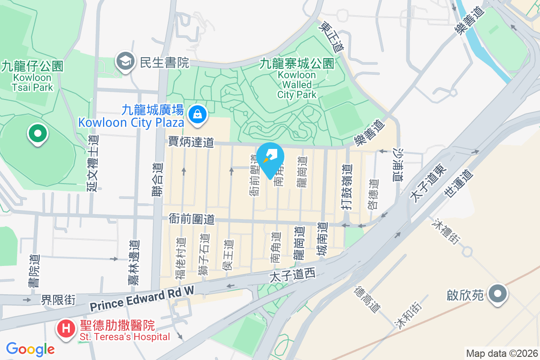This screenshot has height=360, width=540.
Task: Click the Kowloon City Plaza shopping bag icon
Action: [198, 114]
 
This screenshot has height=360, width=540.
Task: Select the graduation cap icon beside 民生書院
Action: [126, 62]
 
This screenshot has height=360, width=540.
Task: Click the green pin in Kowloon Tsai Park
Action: [38, 133]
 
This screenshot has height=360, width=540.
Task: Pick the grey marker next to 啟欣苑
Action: [497, 295]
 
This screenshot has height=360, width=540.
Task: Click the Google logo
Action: [30, 349]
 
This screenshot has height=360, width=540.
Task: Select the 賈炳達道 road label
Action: [191, 142]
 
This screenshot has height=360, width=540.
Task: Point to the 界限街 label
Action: [58, 299]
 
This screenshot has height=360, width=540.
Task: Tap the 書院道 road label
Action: [35, 270]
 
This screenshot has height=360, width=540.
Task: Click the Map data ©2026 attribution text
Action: [502, 353]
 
